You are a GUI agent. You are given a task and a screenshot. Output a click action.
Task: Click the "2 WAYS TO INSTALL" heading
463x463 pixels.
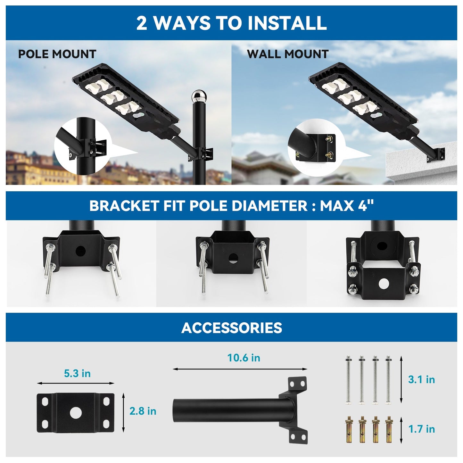[231, 23]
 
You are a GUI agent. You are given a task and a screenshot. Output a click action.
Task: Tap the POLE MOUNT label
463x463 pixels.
[57, 54]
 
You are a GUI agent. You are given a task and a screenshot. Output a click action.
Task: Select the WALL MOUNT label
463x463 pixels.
[287, 54]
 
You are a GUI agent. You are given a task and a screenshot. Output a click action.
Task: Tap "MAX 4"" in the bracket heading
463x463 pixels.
[347, 206]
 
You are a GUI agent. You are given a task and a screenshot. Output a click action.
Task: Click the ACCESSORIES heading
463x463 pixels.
[231, 328]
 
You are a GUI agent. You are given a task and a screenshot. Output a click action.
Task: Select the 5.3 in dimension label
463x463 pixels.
[77, 373]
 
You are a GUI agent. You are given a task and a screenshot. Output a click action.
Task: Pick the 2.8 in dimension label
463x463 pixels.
[143, 411]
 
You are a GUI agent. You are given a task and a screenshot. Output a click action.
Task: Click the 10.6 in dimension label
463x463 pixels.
[244, 358]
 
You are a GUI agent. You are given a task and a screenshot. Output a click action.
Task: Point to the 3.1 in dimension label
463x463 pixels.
[421, 380]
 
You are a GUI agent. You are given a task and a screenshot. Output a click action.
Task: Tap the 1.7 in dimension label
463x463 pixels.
[421, 429]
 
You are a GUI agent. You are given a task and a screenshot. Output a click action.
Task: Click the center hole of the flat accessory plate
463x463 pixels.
[76, 413]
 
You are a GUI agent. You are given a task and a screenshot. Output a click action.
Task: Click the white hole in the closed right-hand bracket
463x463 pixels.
[383, 284]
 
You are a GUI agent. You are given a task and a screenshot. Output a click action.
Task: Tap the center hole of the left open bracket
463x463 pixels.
[80, 251]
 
